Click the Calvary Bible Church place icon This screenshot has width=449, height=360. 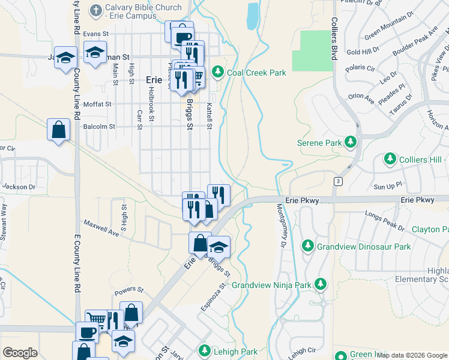tap(95, 10)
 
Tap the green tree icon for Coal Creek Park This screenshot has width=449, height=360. tap(217, 73)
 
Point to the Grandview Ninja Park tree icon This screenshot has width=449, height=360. tap(321, 283)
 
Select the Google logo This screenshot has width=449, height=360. tap(20, 353)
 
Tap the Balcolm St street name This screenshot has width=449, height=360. tap(99, 127)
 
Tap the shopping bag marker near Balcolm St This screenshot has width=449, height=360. tap(58, 130)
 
